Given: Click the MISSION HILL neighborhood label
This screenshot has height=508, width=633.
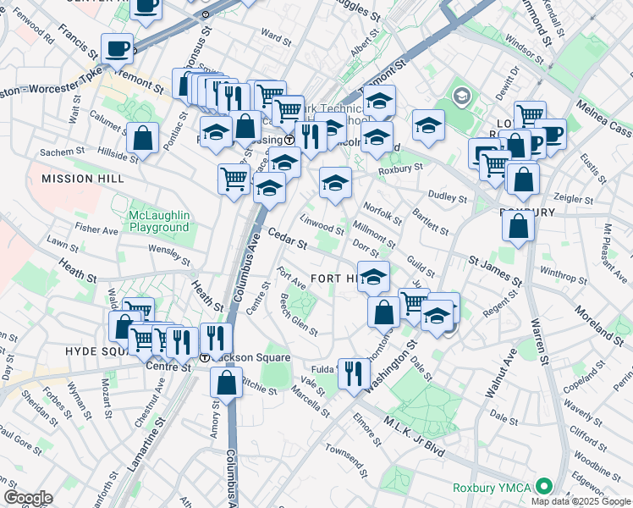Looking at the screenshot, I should tap(83, 179).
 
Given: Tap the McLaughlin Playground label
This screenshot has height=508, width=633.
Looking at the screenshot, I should tap(158, 222).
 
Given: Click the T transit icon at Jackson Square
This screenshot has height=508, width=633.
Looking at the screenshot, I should tap(205, 357).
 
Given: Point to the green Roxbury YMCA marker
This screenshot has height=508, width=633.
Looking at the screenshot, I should tap(543, 487).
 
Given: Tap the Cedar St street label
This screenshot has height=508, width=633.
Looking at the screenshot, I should tap(287, 238).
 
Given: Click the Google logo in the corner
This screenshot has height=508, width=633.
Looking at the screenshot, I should tap(28, 498).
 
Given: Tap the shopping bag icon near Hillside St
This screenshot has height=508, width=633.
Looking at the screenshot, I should tap(143, 137).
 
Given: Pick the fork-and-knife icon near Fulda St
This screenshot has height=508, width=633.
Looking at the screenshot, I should tap(354, 372).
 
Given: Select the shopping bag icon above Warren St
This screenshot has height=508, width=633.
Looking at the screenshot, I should tap(518, 225).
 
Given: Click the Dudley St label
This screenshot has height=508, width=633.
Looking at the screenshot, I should tap(451, 198).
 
